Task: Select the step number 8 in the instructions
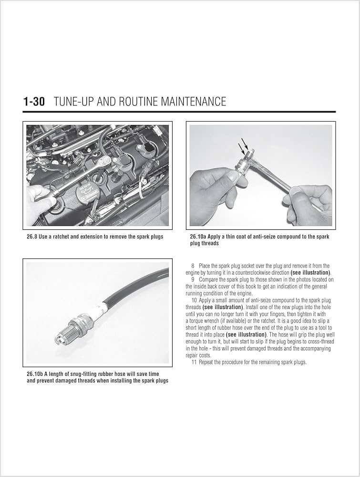pos(193,266)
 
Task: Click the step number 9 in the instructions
pos(193,280)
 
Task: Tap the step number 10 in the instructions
pos(194,300)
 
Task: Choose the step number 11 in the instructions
pos(194,362)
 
